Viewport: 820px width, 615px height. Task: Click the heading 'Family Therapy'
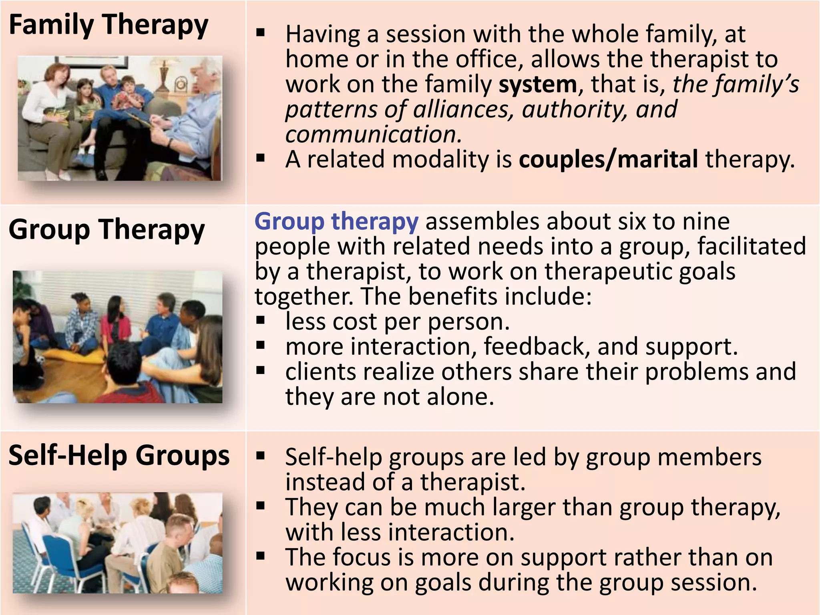[x=109, y=25]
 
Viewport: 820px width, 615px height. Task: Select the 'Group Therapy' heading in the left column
[x=107, y=229]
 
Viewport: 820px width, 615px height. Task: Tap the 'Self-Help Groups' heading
[x=119, y=456]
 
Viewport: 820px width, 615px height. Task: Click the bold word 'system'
[x=538, y=84]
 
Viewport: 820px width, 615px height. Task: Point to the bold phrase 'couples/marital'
[x=609, y=159]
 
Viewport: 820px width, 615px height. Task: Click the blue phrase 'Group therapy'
[x=336, y=221]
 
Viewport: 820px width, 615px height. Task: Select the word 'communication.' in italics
[x=374, y=135]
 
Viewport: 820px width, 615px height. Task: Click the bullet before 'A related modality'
[x=261, y=158]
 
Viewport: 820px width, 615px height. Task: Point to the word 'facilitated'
[x=752, y=246]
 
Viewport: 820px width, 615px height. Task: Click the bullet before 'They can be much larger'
[x=261, y=506]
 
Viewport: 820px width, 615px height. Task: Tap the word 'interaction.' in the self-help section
[x=451, y=533]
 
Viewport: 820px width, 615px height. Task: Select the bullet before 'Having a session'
[x=261, y=33]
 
